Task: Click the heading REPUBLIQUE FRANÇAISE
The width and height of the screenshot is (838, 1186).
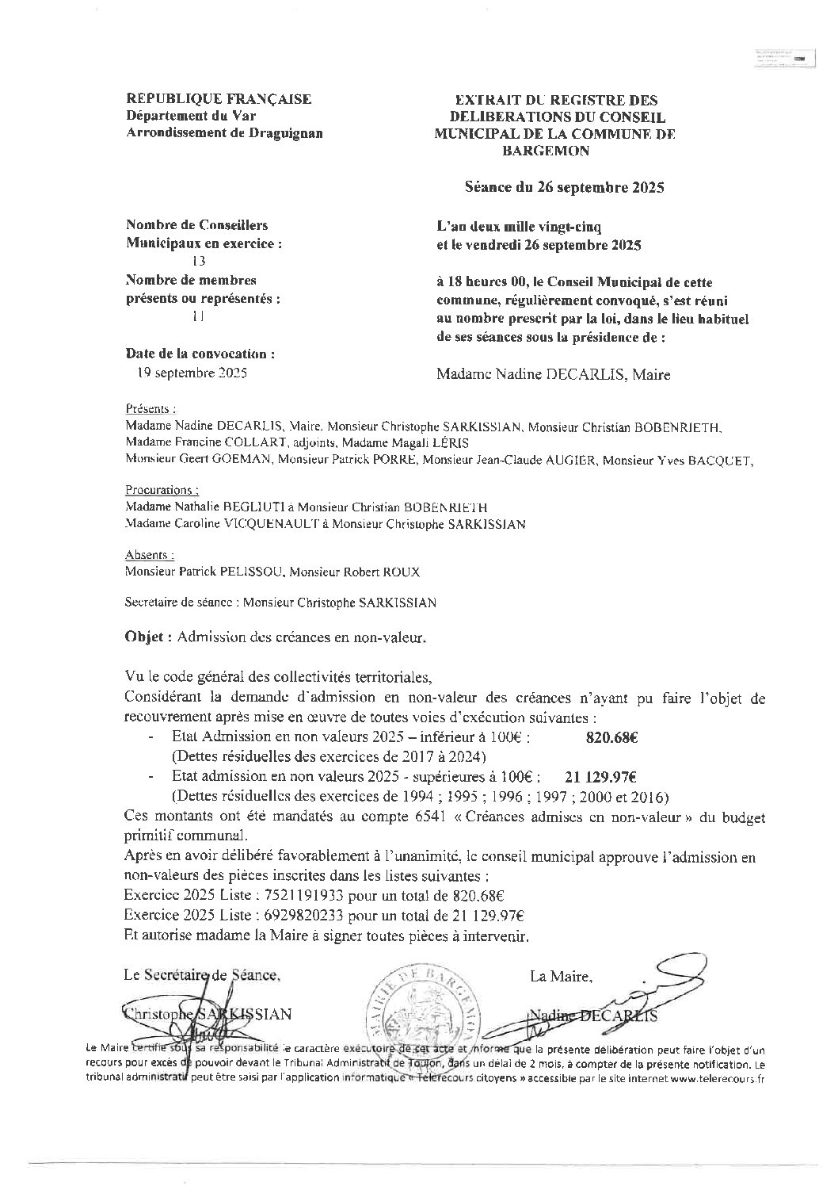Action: (219, 99)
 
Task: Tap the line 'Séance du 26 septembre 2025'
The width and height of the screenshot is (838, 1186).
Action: (564, 188)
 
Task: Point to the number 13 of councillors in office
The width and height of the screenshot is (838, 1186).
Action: (198, 261)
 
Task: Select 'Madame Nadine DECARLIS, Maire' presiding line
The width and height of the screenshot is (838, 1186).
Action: (553, 375)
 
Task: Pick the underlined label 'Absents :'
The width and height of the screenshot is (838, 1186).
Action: (150, 555)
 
